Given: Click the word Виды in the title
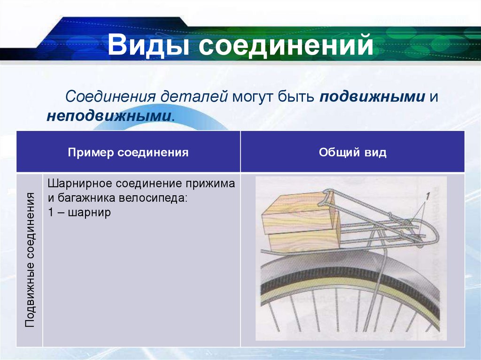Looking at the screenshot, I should pos(145,46).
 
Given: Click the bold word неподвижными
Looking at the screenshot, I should pos(109,116).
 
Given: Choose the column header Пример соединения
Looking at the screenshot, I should pos(128,153).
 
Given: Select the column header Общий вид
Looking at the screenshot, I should pos(352,153).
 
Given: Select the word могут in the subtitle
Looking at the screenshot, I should pos(251,97).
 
